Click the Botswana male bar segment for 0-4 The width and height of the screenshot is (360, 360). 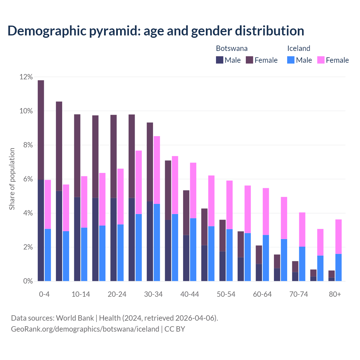41,230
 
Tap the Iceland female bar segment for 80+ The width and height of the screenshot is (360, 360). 338,237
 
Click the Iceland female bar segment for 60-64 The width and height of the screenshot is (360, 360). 266,211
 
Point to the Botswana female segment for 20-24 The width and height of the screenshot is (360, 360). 113,156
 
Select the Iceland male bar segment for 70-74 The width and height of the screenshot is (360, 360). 302,264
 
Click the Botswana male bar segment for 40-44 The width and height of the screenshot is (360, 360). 186,258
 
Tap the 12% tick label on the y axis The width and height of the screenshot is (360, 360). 26,77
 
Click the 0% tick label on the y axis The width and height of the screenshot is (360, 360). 28,281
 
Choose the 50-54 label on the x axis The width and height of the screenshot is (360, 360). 226,294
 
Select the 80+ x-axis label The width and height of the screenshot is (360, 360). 335,294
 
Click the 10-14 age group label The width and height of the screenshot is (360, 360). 81,294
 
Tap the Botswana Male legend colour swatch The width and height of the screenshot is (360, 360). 220,60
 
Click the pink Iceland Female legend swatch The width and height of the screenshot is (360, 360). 321,60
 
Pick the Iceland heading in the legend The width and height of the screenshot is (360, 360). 298,48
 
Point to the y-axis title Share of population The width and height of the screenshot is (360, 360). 12,179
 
